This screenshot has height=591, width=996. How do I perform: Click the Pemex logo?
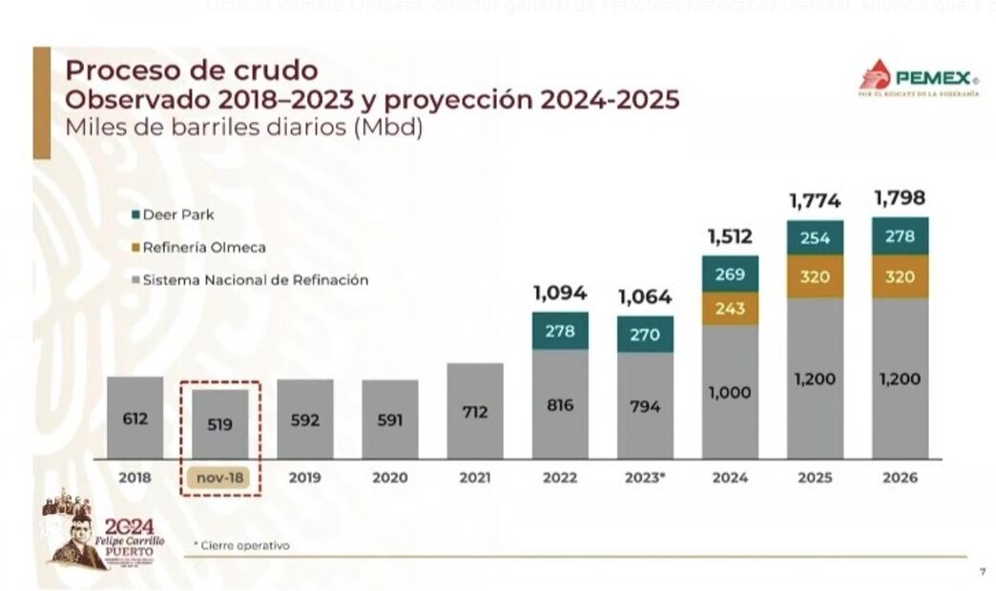(x=917, y=79)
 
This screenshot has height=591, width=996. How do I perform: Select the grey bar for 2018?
(x=135, y=418)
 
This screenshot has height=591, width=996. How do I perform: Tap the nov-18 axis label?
(x=219, y=478)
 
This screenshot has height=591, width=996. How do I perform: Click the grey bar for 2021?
(x=474, y=411)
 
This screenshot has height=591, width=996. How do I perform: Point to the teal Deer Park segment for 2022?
(x=560, y=331)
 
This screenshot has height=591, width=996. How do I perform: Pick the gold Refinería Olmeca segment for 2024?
(x=730, y=309)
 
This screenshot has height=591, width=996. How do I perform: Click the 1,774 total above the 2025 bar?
(x=814, y=201)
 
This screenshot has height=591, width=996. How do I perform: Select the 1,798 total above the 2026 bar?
(x=900, y=199)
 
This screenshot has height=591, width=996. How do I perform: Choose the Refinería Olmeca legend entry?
(x=197, y=247)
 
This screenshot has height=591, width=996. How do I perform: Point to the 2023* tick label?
(x=645, y=478)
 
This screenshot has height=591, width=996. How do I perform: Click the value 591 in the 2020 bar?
(x=389, y=419)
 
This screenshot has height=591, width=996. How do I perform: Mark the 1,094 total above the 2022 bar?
(x=560, y=294)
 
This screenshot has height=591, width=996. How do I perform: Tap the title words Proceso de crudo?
(x=191, y=71)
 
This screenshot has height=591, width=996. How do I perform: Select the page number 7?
(x=983, y=572)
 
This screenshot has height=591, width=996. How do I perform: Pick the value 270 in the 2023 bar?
(x=645, y=335)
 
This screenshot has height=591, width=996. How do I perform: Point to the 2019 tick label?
(x=304, y=478)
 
